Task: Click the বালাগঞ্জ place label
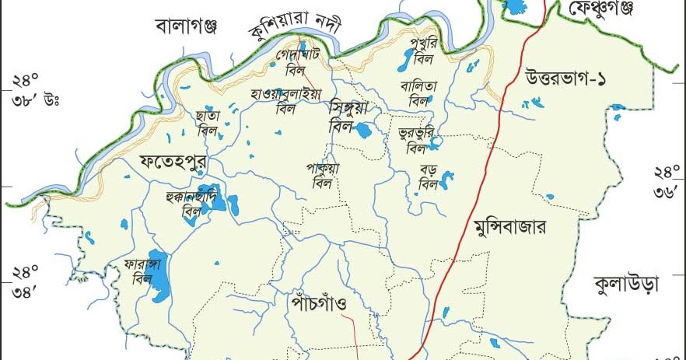point(186,26)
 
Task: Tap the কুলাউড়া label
point(625,281)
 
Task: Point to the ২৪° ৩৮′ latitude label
point(28,89)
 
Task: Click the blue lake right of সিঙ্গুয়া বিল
point(362,130)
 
